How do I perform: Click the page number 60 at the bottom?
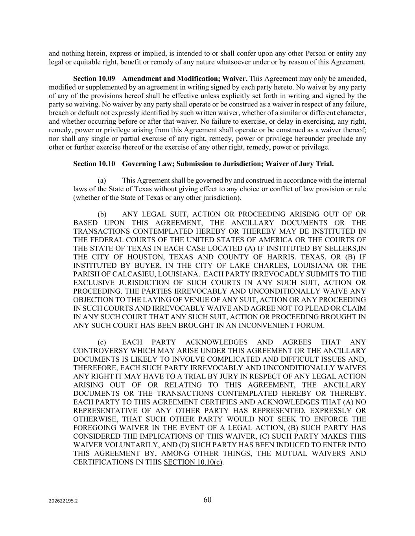pos(207,500)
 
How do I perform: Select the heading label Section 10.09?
pos(94,79)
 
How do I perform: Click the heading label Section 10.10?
pos(94,164)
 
